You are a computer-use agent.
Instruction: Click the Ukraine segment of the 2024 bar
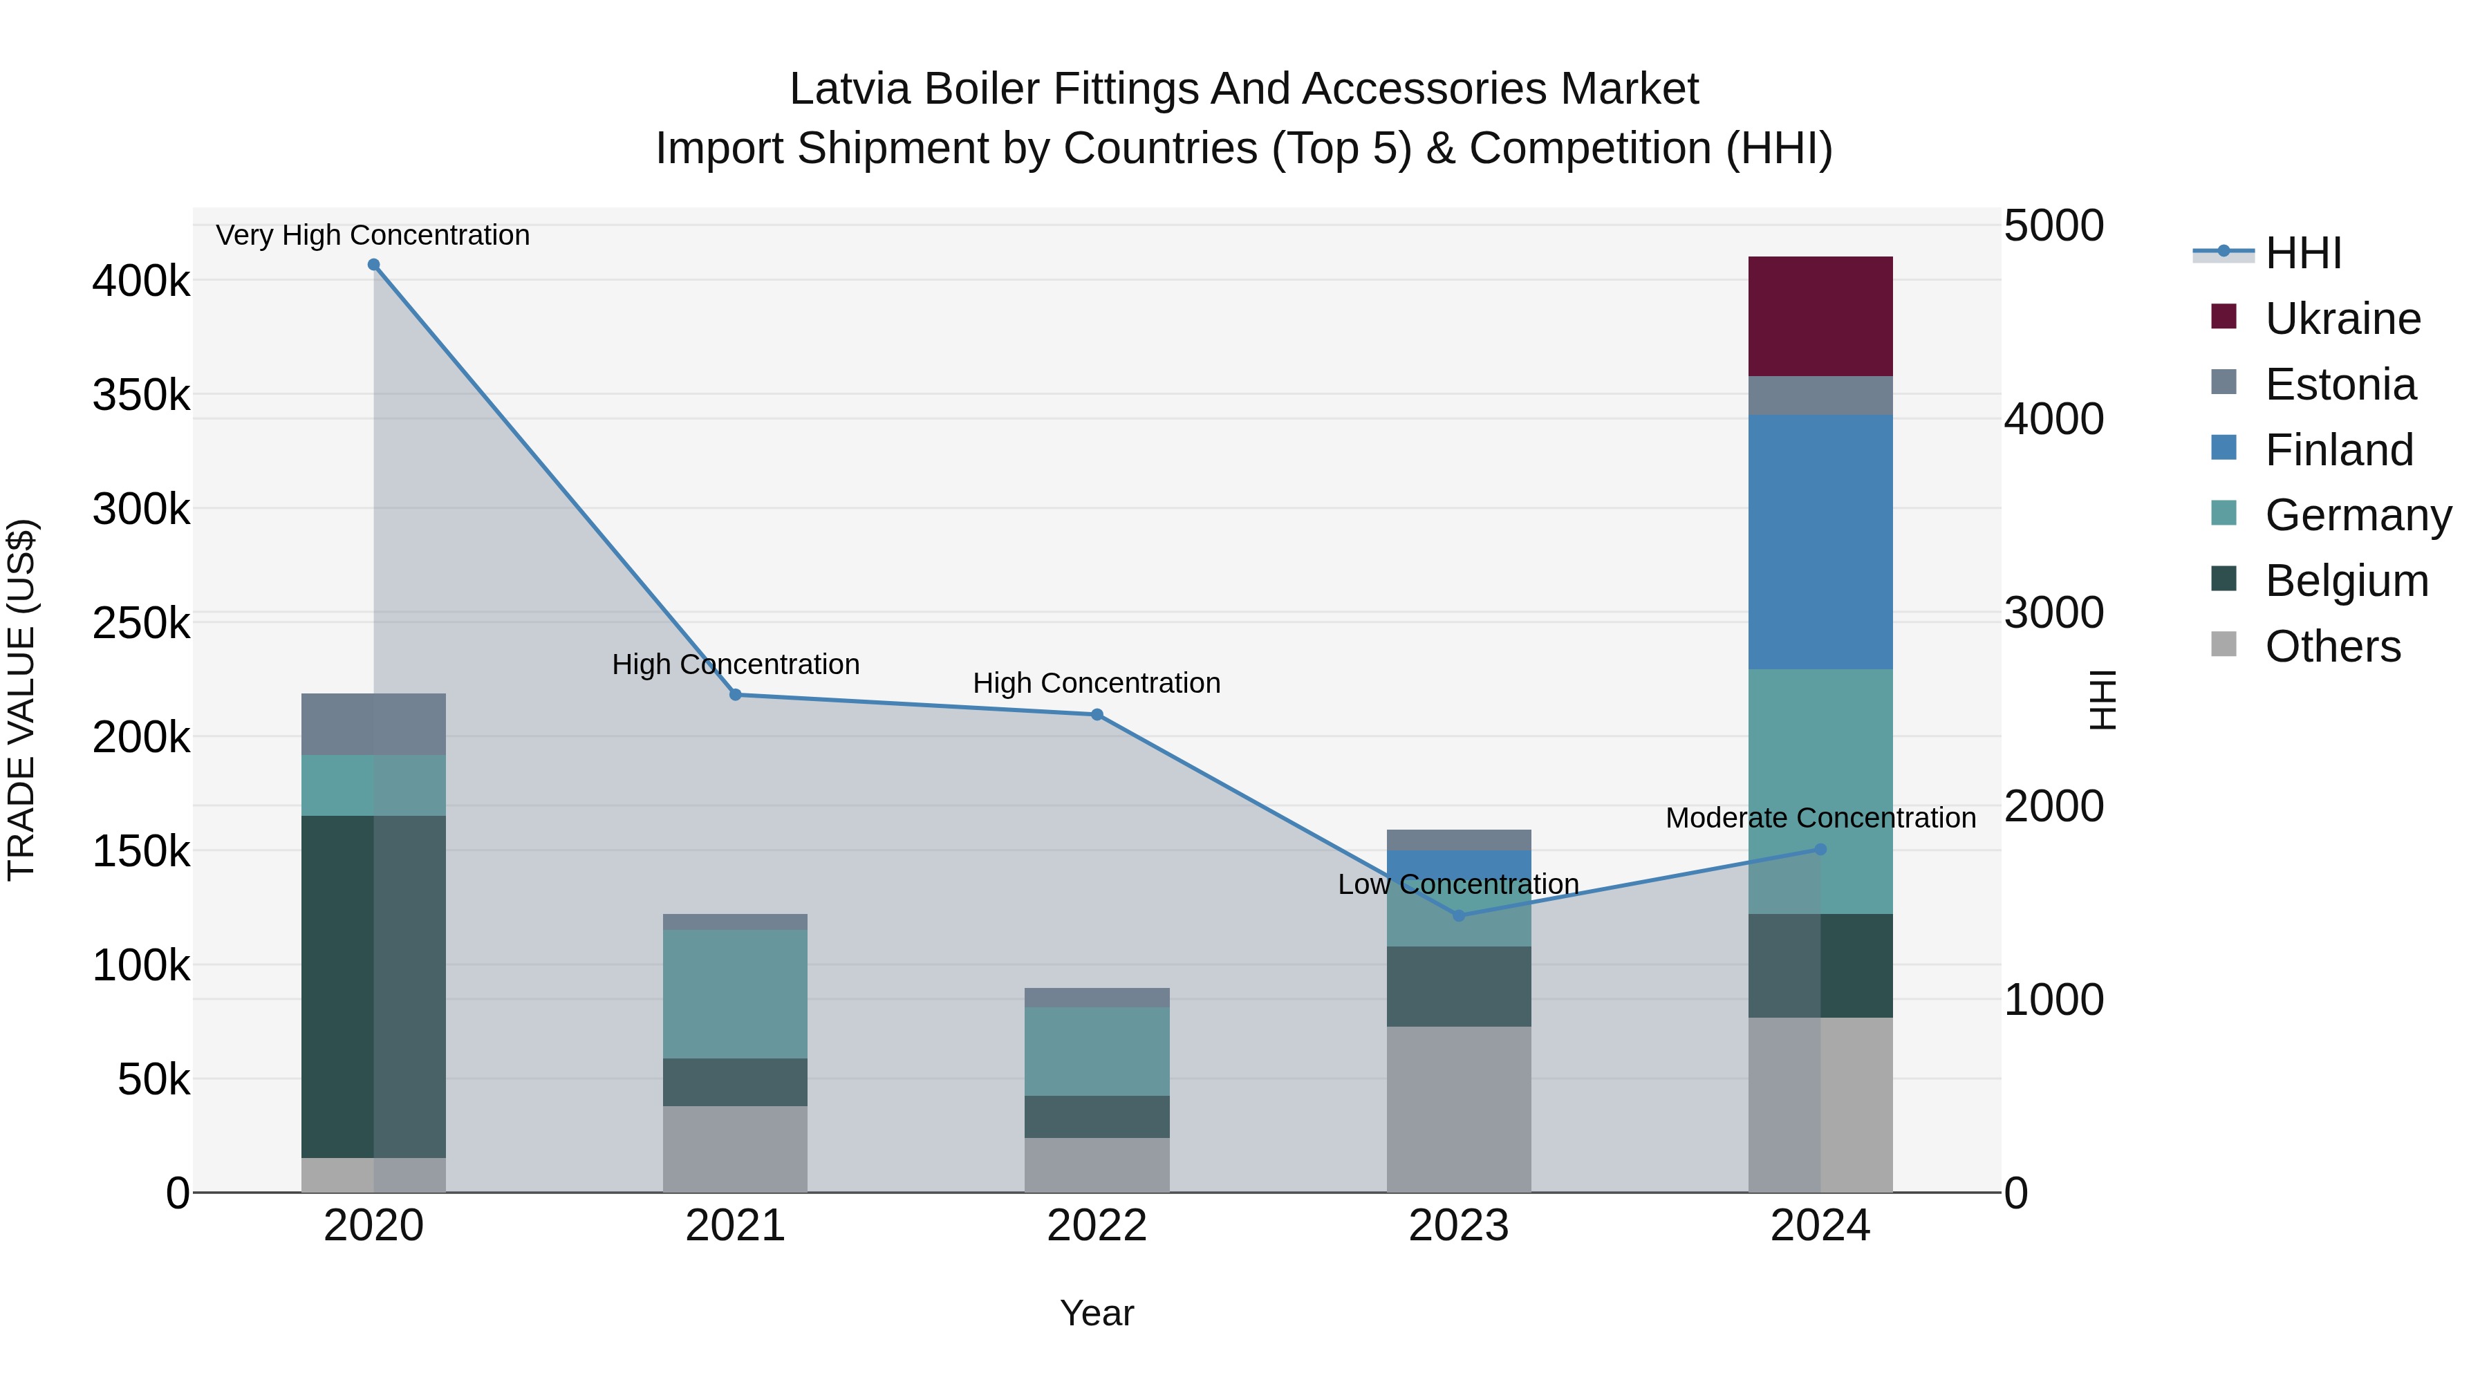coord(1820,316)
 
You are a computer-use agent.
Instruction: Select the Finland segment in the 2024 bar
coord(1820,541)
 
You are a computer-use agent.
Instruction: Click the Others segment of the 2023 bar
coord(1458,1108)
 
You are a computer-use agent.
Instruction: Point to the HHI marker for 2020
coord(374,265)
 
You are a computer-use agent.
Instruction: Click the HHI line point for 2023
coord(1459,915)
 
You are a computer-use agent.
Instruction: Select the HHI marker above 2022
coord(1097,715)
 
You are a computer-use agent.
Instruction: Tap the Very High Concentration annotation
coord(372,235)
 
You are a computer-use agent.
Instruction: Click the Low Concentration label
coord(1458,884)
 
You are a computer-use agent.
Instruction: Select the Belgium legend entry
coord(2345,581)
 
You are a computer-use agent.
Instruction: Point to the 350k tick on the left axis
coord(141,395)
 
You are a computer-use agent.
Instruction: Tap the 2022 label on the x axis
coord(1097,1226)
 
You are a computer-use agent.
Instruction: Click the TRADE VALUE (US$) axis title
coord(21,700)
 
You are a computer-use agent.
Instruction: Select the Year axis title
coord(1097,1313)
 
